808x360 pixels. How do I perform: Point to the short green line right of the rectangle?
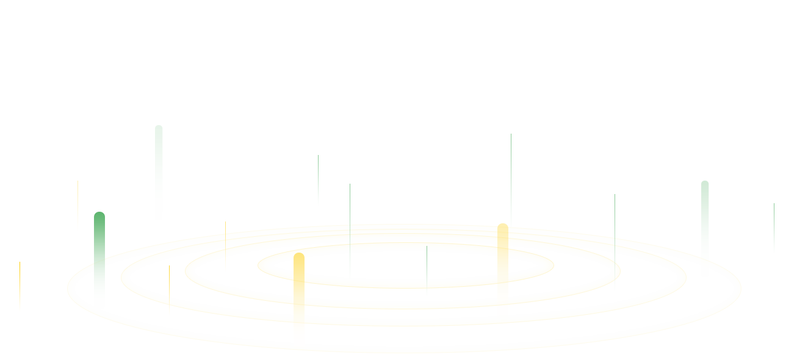774,226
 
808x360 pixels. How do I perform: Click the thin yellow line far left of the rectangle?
20,284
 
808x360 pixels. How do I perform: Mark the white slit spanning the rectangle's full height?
263,287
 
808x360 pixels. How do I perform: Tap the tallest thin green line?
511,177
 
